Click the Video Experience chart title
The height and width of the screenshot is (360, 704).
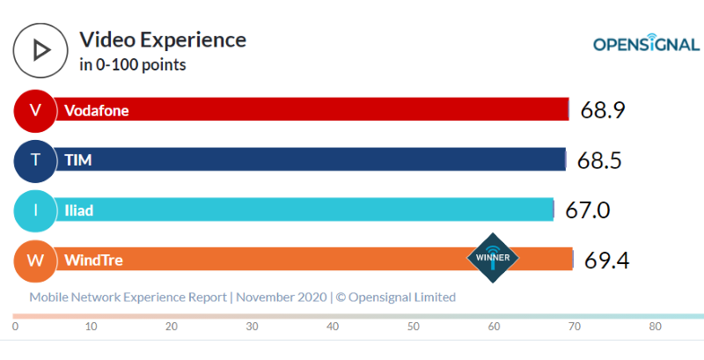pos(163,40)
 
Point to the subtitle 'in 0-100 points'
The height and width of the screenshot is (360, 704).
pos(132,64)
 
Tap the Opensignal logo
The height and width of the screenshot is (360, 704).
pos(645,44)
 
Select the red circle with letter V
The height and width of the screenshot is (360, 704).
pos(35,110)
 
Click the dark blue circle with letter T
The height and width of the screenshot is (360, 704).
pos(35,160)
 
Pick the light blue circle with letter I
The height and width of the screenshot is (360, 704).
pos(35,210)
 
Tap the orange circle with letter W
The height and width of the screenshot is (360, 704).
pos(35,261)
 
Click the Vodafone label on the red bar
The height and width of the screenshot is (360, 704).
pos(96,110)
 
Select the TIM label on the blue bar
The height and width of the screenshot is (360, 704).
pos(78,160)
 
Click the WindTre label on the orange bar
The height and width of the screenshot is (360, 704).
pos(92,261)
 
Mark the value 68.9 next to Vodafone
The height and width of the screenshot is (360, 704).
pos(603,110)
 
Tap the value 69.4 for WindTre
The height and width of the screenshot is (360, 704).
pos(606,261)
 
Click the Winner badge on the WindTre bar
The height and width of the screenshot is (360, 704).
pos(493,258)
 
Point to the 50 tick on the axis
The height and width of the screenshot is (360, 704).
pos(413,327)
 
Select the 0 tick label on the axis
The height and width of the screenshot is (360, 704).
pos(15,327)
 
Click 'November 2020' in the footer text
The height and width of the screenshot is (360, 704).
pos(282,298)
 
